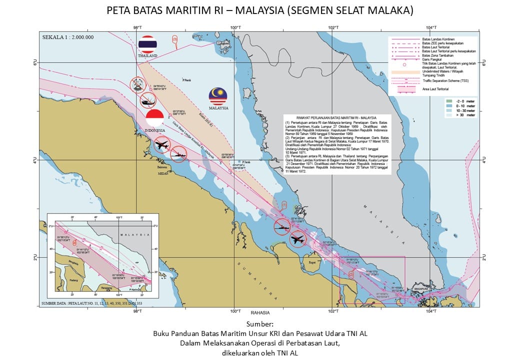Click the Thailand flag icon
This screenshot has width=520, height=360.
click(147, 44)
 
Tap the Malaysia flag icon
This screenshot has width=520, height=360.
click(218, 96)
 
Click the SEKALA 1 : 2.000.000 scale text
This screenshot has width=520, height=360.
click(68, 37)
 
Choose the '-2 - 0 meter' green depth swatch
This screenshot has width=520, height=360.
click(448, 101)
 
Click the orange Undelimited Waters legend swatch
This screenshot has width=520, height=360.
click(405, 73)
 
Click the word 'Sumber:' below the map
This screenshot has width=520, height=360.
click(259, 323)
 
